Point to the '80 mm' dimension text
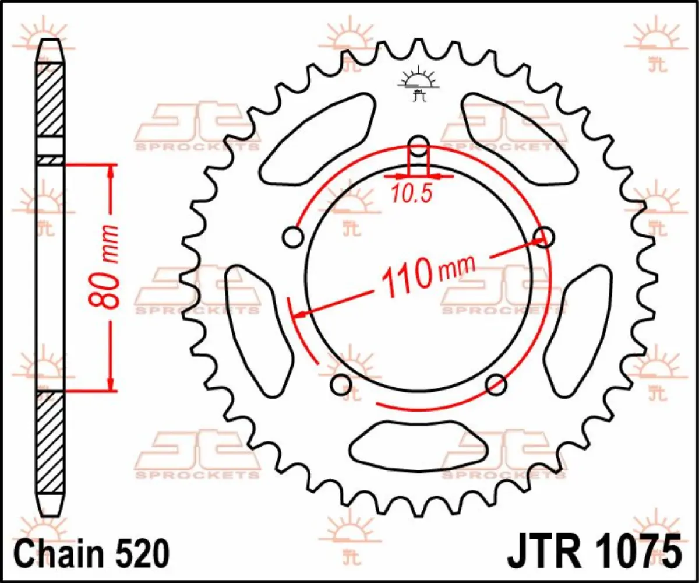pos(109,265)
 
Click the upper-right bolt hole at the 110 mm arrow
pos(544,236)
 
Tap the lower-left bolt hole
pos(341,384)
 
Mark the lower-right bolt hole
pos(496,384)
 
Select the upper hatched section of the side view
pos(51,99)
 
